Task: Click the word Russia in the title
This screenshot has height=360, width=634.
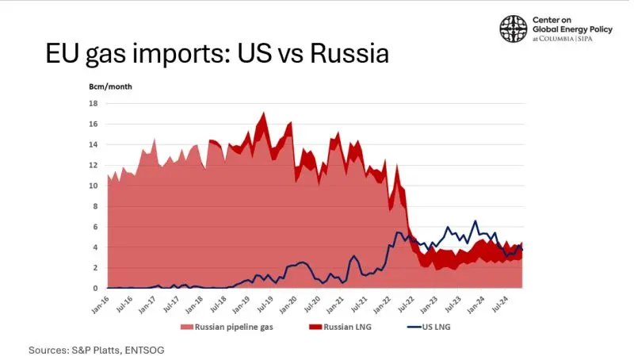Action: point(349,53)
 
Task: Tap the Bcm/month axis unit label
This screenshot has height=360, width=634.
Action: point(110,86)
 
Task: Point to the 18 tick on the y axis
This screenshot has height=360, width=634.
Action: point(94,104)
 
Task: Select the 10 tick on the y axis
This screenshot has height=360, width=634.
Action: point(94,186)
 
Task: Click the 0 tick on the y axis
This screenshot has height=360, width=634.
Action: point(95,289)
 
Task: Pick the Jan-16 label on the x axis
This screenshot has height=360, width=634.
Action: point(101,304)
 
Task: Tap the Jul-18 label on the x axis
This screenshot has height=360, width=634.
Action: point(219,304)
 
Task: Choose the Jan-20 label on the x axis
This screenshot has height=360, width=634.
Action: point(289,304)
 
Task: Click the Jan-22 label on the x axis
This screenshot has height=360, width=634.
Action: point(383,304)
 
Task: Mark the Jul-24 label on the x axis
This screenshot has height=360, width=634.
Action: point(500,304)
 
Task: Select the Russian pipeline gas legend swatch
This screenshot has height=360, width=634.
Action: point(187,327)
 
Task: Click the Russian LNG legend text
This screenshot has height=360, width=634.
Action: point(347,327)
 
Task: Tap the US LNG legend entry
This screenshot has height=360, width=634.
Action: point(429,327)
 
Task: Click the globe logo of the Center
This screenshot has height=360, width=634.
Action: point(514,29)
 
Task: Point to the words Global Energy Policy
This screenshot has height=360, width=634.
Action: point(572,29)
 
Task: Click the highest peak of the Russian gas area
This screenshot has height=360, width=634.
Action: point(264,113)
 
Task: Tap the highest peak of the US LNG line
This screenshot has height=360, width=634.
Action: point(475,221)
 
